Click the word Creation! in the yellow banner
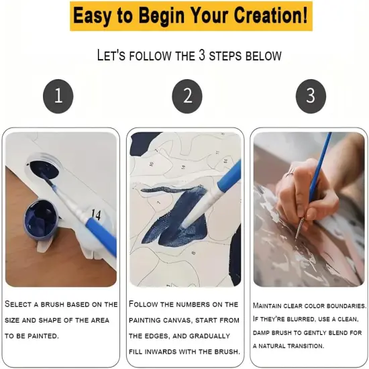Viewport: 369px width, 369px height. [x=270, y=15]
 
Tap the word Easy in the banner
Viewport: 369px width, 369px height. [x=92, y=16]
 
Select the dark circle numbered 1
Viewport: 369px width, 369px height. [x=58, y=96]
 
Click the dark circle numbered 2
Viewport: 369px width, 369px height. [x=187, y=96]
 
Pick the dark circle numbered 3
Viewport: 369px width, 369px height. [x=311, y=96]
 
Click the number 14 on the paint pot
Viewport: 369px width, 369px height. [x=96, y=215]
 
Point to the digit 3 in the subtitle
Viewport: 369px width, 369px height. [x=202, y=56]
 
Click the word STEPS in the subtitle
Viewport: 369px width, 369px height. [x=225, y=56]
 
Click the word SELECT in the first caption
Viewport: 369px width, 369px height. [x=18, y=304]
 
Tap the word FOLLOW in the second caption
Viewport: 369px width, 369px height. [x=144, y=304]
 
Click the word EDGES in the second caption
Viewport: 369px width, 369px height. [x=155, y=336]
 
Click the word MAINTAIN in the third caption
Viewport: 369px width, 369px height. [x=267, y=305]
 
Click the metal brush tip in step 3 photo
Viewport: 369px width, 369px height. [x=299, y=227]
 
